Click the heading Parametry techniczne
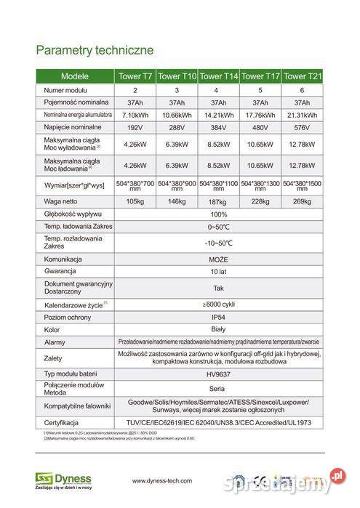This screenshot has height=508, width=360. tap(94, 50)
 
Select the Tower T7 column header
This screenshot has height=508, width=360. tap(135, 76)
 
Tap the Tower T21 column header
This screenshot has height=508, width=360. tap(303, 76)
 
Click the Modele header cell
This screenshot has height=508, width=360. tap(75, 76)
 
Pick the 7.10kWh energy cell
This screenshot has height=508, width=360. tap(135, 115)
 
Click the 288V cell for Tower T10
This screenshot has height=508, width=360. tap(177, 128)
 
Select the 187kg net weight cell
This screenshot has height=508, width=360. tap(219, 201)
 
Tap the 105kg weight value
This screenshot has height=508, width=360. tap(135, 201)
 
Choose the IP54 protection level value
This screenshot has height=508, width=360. tap(219, 317)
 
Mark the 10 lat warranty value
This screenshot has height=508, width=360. tap(219, 270)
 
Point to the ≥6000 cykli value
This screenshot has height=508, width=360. tap(219, 303)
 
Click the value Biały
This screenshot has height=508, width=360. tap(219, 328)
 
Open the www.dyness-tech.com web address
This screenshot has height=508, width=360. tap(161, 480)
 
